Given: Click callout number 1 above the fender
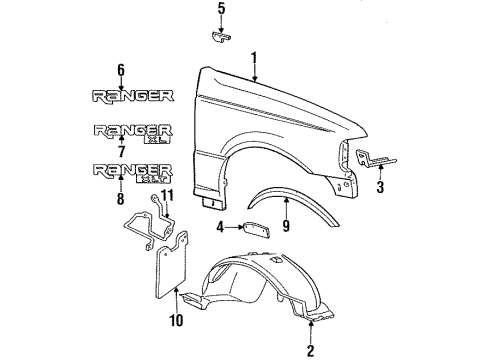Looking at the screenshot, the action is [254, 58].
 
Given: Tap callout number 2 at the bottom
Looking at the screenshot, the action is [310, 350].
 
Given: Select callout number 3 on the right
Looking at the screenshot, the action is [380, 187].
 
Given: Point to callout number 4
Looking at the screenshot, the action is [220, 227].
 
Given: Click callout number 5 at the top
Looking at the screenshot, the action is [221, 9].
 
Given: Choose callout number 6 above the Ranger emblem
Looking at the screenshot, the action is [121, 70].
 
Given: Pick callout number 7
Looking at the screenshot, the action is [121, 151].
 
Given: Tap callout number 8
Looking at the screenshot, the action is [121, 198].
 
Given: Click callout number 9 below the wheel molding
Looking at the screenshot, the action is [286, 226].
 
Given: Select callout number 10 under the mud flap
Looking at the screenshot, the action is [176, 320].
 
